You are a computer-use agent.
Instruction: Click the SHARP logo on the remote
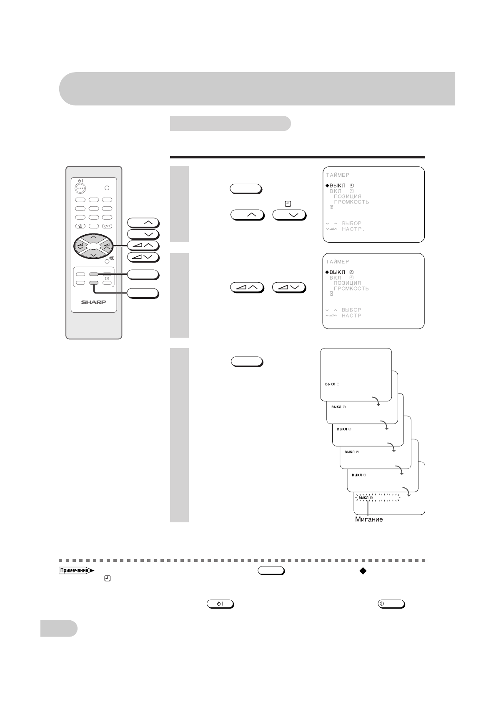click(x=94, y=302)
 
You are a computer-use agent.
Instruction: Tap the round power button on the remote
click(x=80, y=188)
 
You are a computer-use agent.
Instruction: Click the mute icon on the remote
click(x=112, y=258)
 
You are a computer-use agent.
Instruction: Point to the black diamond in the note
click(x=362, y=571)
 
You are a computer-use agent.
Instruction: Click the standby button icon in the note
click(x=220, y=604)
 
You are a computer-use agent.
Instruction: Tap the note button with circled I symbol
click(x=391, y=604)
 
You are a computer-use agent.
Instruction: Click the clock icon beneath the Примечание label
click(x=107, y=579)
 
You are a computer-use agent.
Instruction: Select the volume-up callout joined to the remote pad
click(x=143, y=246)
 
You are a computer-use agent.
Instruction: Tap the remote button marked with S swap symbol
click(x=80, y=226)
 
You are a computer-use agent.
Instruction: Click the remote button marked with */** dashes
click(x=107, y=226)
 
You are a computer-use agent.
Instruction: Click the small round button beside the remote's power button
click(x=107, y=188)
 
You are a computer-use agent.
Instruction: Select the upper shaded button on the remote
click(x=94, y=274)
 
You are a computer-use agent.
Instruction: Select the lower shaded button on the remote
click(x=94, y=283)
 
